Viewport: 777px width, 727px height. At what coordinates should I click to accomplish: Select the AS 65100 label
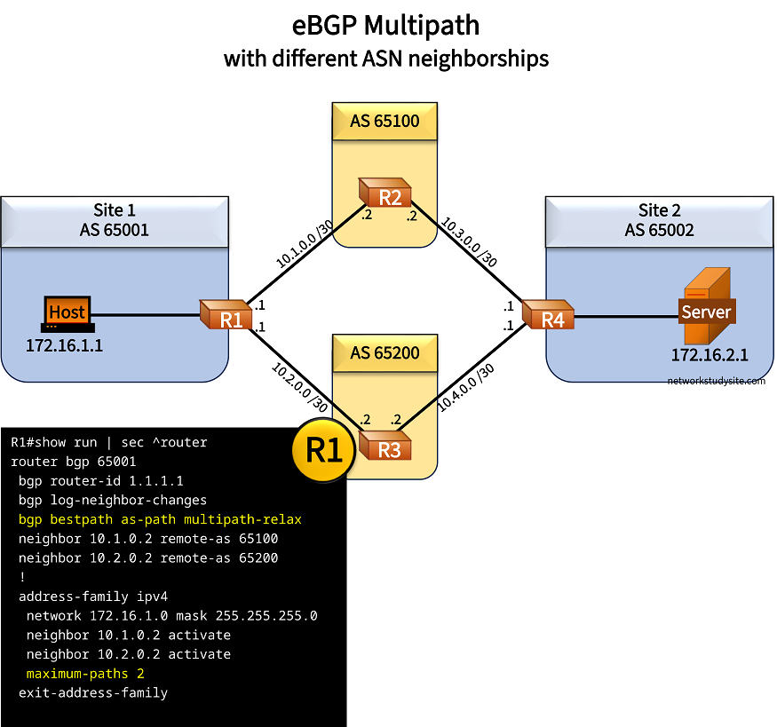[x=385, y=121]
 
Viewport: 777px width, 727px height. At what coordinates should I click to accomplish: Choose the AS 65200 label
[x=385, y=352]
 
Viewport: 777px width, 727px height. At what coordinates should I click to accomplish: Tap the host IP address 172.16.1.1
[x=65, y=345]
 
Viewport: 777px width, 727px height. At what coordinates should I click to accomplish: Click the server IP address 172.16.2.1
[x=709, y=355]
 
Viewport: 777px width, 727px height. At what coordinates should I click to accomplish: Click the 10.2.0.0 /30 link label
[x=300, y=387]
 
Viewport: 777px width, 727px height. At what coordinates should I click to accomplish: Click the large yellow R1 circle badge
[x=324, y=451]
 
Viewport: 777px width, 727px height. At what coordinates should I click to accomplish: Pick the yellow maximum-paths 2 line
[x=84, y=674]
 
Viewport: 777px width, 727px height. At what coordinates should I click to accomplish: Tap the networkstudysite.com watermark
[x=716, y=380]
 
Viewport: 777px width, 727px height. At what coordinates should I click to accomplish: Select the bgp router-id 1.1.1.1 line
[x=100, y=480]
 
